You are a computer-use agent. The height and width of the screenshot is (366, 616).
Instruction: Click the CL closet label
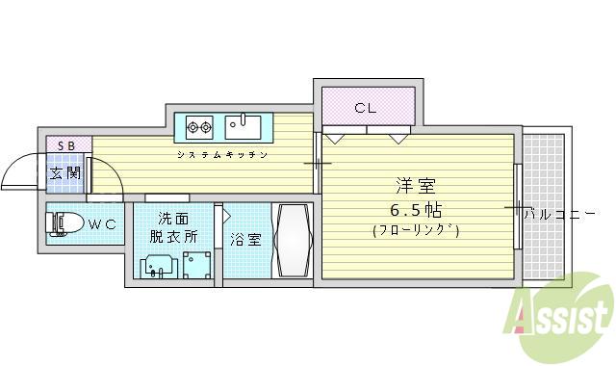(x=364, y=107)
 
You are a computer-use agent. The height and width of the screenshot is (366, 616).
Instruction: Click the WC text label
(x=103, y=225)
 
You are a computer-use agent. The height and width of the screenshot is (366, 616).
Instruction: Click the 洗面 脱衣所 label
(x=173, y=227)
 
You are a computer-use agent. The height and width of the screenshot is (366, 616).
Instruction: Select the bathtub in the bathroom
(x=292, y=241)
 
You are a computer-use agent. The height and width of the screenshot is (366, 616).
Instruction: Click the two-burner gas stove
(x=200, y=125)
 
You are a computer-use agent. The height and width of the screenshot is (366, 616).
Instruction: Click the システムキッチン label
(x=221, y=154)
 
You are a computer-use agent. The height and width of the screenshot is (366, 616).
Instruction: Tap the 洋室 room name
(x=415, y=186)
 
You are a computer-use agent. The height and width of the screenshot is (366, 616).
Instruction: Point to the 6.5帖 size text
(x=415, y=209)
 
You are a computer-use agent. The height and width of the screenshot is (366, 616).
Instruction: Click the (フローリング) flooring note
(x=415, y=230)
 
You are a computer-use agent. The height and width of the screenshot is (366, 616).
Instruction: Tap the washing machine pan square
(x=197, y=263)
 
